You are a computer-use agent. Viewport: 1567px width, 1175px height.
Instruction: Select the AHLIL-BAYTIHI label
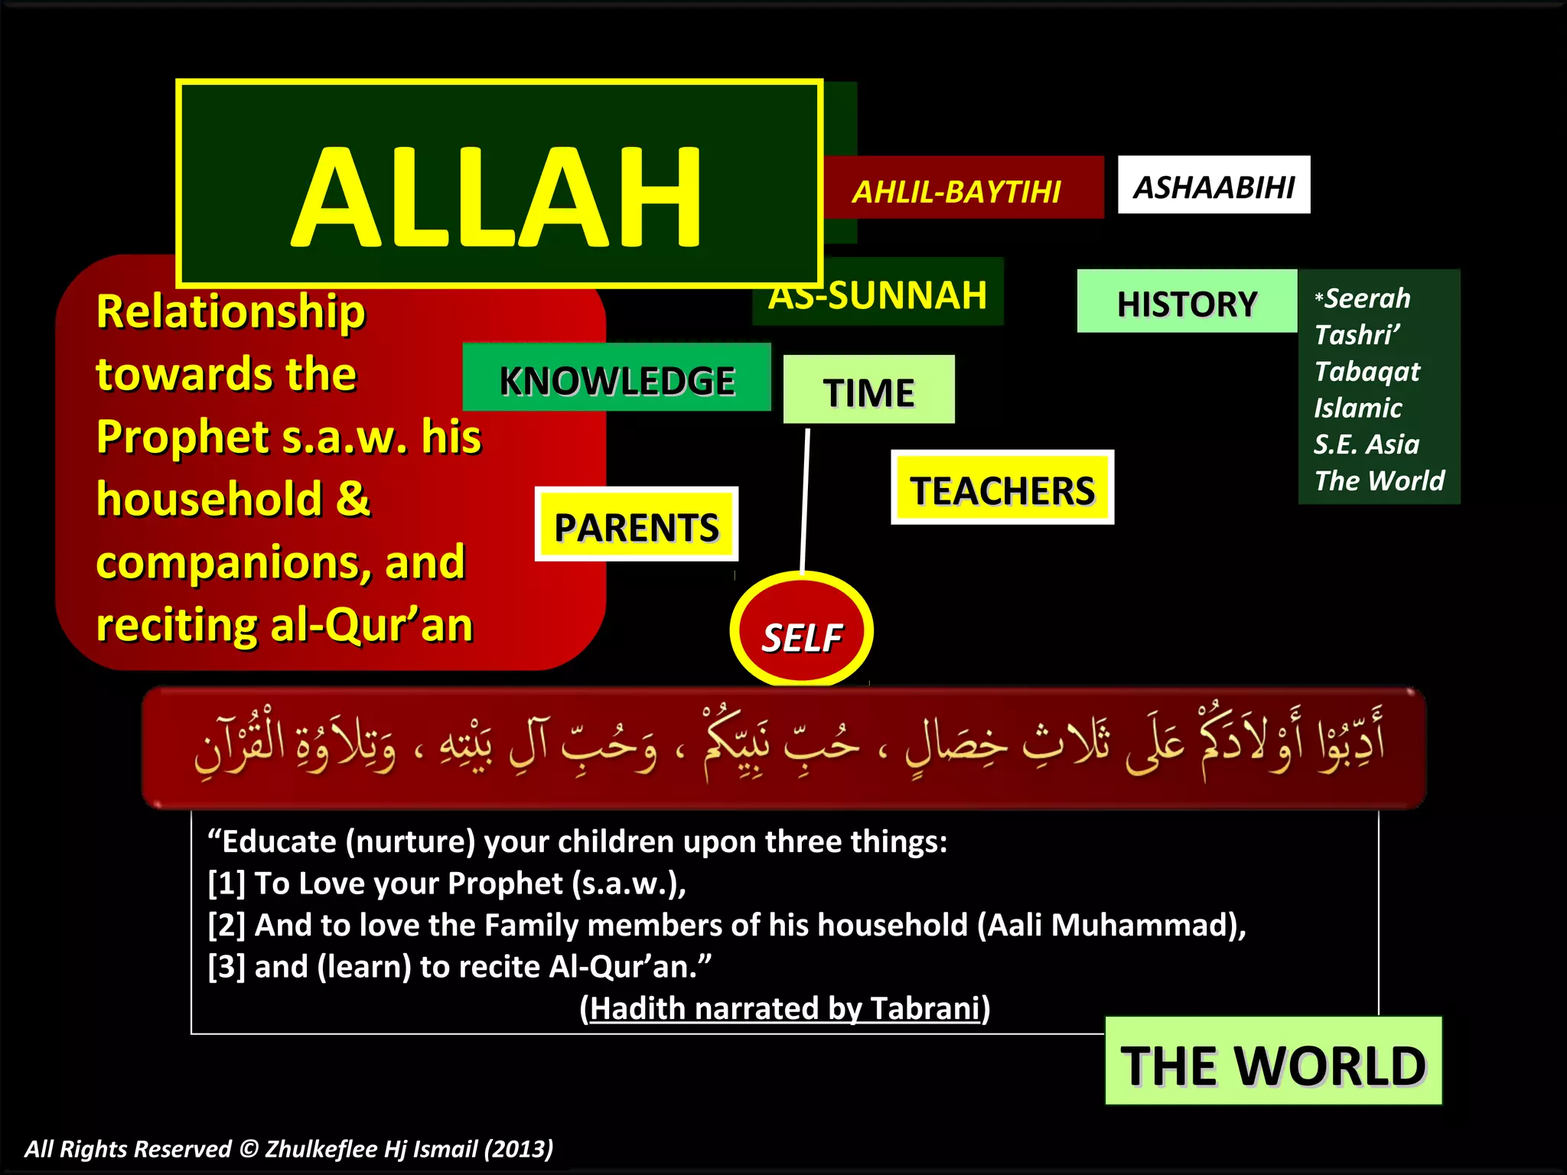[x=956, y=191]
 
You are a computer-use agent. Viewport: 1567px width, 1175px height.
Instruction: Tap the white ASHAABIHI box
[x=1214, y=186]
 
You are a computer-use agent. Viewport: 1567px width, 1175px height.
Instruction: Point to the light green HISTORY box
[x=1186, y=303]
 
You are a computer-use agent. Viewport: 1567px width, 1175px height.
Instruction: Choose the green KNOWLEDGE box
[x=617, y=380]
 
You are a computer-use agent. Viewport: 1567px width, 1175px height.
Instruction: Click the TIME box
[x=868, y=392]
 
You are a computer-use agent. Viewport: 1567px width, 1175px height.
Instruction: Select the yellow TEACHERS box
[x=1002, y=490]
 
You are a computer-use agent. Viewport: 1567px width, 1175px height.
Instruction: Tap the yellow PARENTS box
[x=636, y=526]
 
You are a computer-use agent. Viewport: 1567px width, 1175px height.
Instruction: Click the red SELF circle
[x=801, y=635]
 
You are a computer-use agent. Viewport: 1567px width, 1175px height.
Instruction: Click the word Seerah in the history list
[x=1367, y=298]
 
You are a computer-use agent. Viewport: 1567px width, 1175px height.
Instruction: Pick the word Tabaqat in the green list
[x=1367, y=372]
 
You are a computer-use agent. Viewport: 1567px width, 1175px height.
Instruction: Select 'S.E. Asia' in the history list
[x=1367, y=444]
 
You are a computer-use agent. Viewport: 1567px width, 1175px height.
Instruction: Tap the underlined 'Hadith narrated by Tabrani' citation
[x=785, y=1008]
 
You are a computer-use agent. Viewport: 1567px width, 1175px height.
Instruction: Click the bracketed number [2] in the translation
[x=226, y=926]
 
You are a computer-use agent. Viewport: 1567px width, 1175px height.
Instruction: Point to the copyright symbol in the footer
[x=249, y=1149]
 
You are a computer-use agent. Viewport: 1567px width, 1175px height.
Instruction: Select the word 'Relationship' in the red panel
[x=231, y=312]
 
